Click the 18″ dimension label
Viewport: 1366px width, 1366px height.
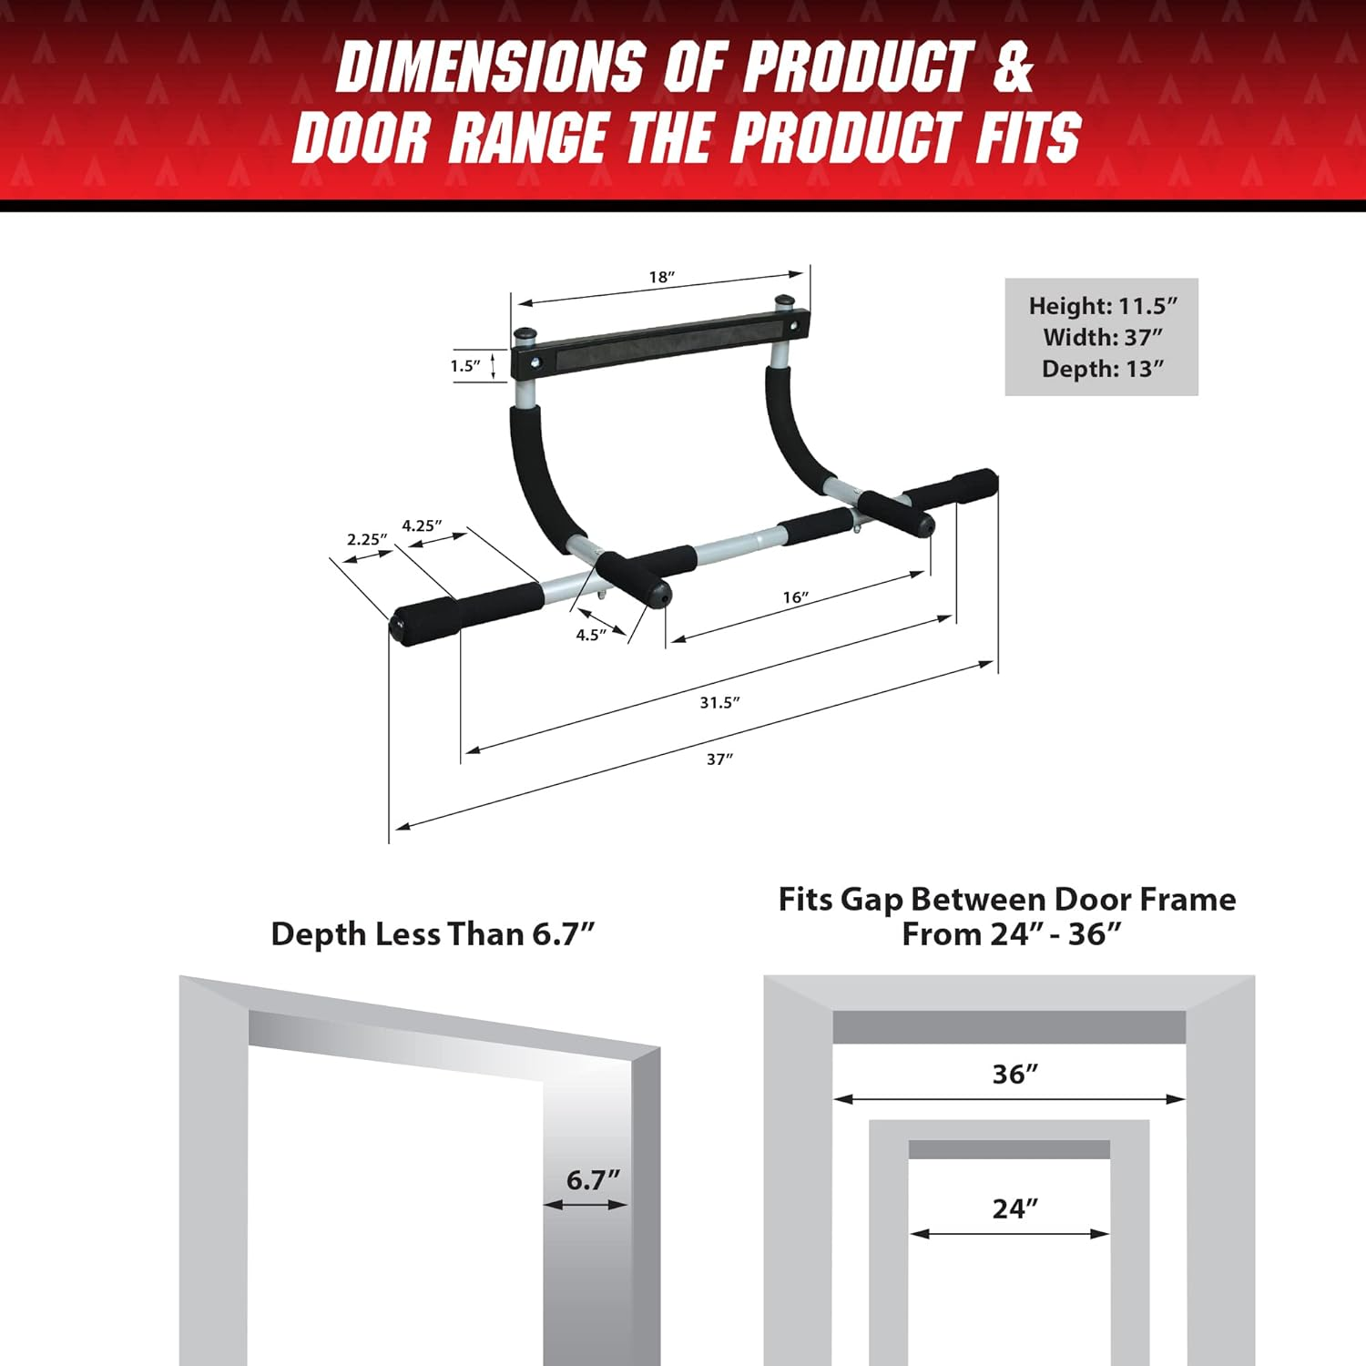tap(662, 277)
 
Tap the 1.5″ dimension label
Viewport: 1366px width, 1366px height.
tap(465, 365)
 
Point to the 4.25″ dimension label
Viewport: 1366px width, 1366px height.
tap(422, 525)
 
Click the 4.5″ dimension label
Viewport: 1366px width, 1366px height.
tap(591, 635)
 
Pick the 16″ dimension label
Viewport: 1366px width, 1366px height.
tap(795, 597)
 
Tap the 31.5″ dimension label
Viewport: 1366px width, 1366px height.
tap(719, 702)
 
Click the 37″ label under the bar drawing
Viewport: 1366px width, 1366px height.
tap(719, 759)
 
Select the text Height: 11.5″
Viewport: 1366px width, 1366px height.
tap(1103, 306)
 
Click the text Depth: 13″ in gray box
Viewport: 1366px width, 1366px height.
tap(1103, 369)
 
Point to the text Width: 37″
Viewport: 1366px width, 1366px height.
tap(1103, 337)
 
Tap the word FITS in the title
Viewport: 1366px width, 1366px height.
tap(1029, 138)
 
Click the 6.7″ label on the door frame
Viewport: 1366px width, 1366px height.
tap(593, 1179)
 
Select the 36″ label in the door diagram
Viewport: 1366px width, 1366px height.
tap(1014, 1074)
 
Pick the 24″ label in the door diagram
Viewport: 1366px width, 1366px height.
tap(1014, 1208)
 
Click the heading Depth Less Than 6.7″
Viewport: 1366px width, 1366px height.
tap(433, 933)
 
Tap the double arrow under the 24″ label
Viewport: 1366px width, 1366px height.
tap(1009, 1234)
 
